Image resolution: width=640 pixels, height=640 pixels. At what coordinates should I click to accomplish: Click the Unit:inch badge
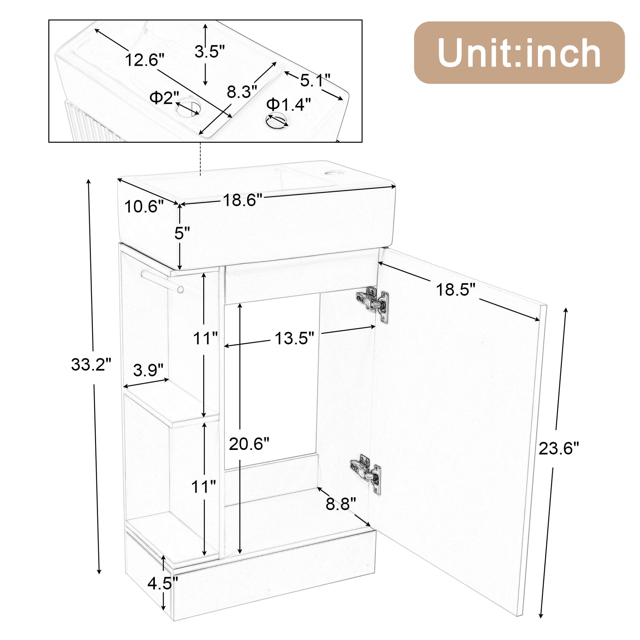519,52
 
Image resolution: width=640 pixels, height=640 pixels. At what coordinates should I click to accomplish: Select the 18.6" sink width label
242,200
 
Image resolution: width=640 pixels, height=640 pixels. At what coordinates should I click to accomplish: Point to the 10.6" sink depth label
144,207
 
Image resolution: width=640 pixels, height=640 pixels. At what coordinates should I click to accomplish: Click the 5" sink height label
182,234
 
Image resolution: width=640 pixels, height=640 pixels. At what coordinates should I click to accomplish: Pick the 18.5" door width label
455,290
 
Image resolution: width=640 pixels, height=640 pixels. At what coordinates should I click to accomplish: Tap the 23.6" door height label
558,449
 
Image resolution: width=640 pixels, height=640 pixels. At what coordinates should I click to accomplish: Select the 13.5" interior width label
294,338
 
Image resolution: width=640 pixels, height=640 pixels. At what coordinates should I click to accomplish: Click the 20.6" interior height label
249,444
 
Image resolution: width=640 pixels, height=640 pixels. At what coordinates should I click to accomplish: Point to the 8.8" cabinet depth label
340,504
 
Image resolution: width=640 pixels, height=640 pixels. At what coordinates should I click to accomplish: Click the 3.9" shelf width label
148,370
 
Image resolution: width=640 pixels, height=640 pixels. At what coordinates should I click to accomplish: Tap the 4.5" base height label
163,583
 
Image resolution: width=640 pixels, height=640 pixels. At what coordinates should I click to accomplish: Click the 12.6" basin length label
144,60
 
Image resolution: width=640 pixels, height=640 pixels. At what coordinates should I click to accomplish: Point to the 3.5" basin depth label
209,52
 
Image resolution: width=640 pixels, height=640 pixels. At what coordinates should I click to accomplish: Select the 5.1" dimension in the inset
315,80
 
